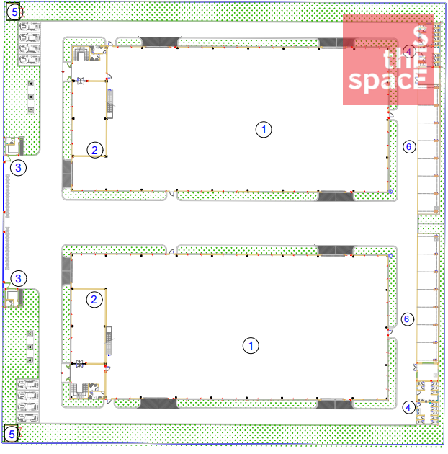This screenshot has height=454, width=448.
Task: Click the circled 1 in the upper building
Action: pos(264,130)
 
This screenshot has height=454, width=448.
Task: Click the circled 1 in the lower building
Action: pos(251,345)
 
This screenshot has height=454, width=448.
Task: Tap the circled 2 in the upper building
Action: pos(95,150)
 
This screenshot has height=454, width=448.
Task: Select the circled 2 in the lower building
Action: pos(94,299)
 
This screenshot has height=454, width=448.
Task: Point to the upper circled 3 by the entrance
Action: pos(18,168)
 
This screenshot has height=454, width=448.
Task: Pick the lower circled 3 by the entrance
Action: pos(19,279)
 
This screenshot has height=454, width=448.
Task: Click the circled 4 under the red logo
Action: pos(408,52)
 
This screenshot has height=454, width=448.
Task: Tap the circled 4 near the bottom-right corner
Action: pos(408,408)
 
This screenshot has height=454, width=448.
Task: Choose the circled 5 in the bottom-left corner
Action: pos(12,435)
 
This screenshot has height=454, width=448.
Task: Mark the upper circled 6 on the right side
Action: pos(409,147)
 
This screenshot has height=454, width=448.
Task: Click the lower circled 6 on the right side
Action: pos(407,319)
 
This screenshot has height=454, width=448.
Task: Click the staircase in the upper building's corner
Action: pos(80,54)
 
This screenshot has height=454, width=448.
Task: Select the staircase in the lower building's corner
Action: pos(79,391)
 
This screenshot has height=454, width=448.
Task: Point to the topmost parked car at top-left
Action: pos(30,27)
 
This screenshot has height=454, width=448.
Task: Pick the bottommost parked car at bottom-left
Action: pos(28,418)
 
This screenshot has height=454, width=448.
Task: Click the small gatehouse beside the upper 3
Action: pos(13,146)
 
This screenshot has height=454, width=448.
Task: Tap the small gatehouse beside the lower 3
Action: pos(12,298)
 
